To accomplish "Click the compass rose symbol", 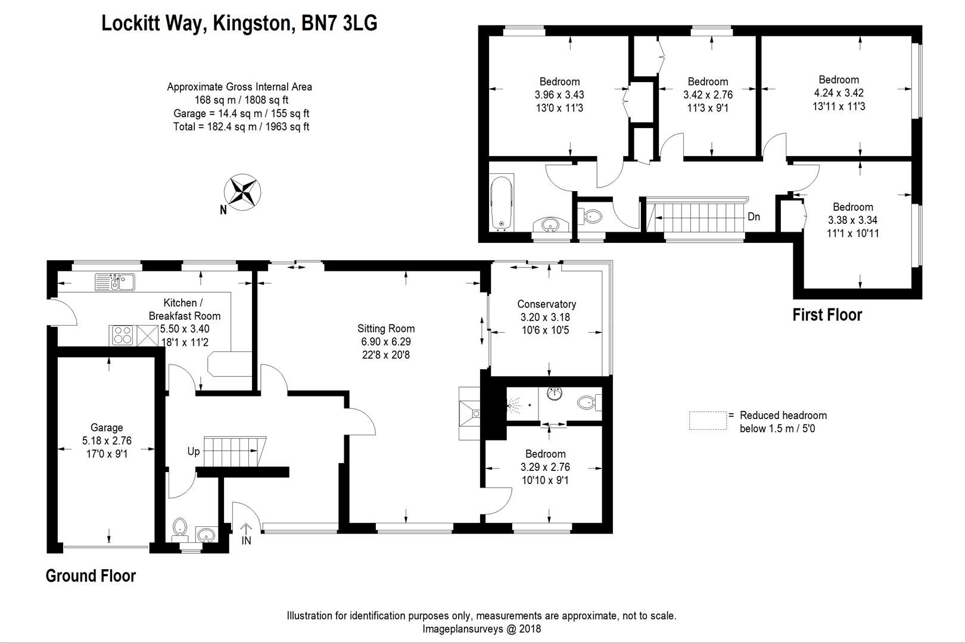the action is point(242,192).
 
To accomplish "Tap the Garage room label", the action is point(107,427).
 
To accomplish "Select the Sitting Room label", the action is point(386,329).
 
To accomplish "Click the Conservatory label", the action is point(546,304).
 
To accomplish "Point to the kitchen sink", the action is point(114,281).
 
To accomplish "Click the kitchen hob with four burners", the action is point(123,336).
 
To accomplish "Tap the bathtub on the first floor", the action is point(501,202).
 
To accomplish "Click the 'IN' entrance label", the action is point(247,541).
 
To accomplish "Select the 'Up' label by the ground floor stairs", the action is point(194,451).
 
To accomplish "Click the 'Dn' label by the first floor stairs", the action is point(754,217).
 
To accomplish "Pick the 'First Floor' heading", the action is point(827,315).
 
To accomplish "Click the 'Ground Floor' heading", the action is point(91,576).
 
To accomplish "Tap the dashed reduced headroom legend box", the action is point(708,420).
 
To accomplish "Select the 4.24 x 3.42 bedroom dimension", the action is point(839,93).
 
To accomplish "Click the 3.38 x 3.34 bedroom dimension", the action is point(852,220).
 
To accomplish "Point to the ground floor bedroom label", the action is point(545,454).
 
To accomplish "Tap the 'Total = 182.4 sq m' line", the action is point(241,127).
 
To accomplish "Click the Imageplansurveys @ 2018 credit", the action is point(481,629).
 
